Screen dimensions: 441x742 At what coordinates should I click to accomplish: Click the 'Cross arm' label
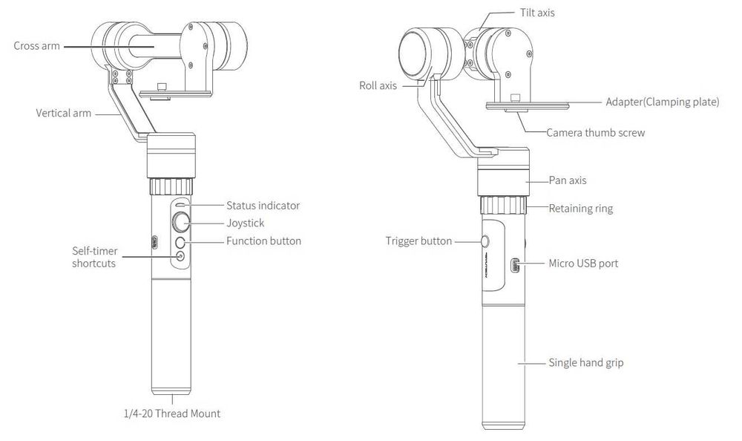pyautogui.click(x=36, y=46)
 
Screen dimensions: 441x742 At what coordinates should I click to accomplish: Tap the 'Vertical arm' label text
pyautogui.click(x=63, y=114)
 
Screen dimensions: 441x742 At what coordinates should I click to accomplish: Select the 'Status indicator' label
pyautogui.click(x=263, y=205)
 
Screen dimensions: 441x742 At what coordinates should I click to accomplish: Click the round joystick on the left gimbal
pyautogui.click(x=180, y=221)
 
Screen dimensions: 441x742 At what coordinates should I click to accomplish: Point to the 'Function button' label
pyautogui.click(x=263, y=241)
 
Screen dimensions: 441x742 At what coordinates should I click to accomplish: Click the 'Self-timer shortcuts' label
pyautogui.click(x=93, y=257)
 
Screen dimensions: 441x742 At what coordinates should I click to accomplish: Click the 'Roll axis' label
pyautogui.click(x=378, y=86)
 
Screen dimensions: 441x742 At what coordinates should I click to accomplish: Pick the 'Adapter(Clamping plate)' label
pyautogui.click(x=662, y=102)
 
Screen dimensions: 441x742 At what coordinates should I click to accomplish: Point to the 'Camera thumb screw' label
pyautogui.click(x=595, y=133)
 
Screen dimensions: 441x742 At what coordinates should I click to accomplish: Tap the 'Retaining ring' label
pyautogui.click(x=580, y=209)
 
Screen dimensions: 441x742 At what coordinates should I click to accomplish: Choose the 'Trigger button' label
pyautogui.click(x=419, y=241)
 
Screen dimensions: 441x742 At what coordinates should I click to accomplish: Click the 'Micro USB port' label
pyautogui.click(x=582, y=264)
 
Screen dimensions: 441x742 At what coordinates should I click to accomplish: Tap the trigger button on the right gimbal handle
pyautogui.click(x=485, y=241)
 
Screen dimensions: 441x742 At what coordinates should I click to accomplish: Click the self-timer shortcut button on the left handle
pyautogui.click(x=180, y=256)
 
